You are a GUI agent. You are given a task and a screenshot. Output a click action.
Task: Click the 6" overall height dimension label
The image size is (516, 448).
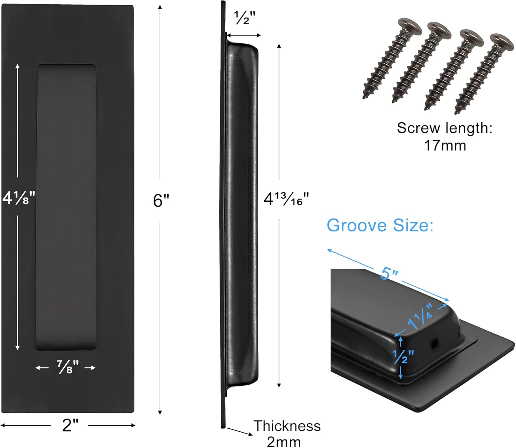click(161, 200)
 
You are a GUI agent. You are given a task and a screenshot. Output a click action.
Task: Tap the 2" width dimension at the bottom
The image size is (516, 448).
click(70, 425)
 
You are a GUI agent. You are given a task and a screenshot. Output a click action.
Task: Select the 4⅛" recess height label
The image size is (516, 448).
click(19, 198)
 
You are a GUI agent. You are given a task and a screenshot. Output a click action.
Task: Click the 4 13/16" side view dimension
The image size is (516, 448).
click(286, 199)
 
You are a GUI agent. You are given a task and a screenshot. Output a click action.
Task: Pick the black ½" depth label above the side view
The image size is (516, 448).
click(245, 18)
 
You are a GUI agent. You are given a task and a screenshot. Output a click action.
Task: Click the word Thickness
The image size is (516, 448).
click(287, 426)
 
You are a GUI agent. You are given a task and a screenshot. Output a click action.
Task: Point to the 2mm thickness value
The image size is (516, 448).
click(283, 441)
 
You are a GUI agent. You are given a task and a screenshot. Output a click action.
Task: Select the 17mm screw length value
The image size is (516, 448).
click(445, 145)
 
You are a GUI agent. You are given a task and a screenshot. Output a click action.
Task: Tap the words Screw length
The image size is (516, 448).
click(444, 128)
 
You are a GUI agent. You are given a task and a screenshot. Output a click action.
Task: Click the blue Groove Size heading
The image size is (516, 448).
click(380, 226)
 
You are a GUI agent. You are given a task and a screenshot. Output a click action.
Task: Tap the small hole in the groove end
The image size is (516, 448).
click(434, 342)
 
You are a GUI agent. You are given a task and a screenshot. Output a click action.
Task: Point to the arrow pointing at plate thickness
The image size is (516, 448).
click(240, 432)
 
